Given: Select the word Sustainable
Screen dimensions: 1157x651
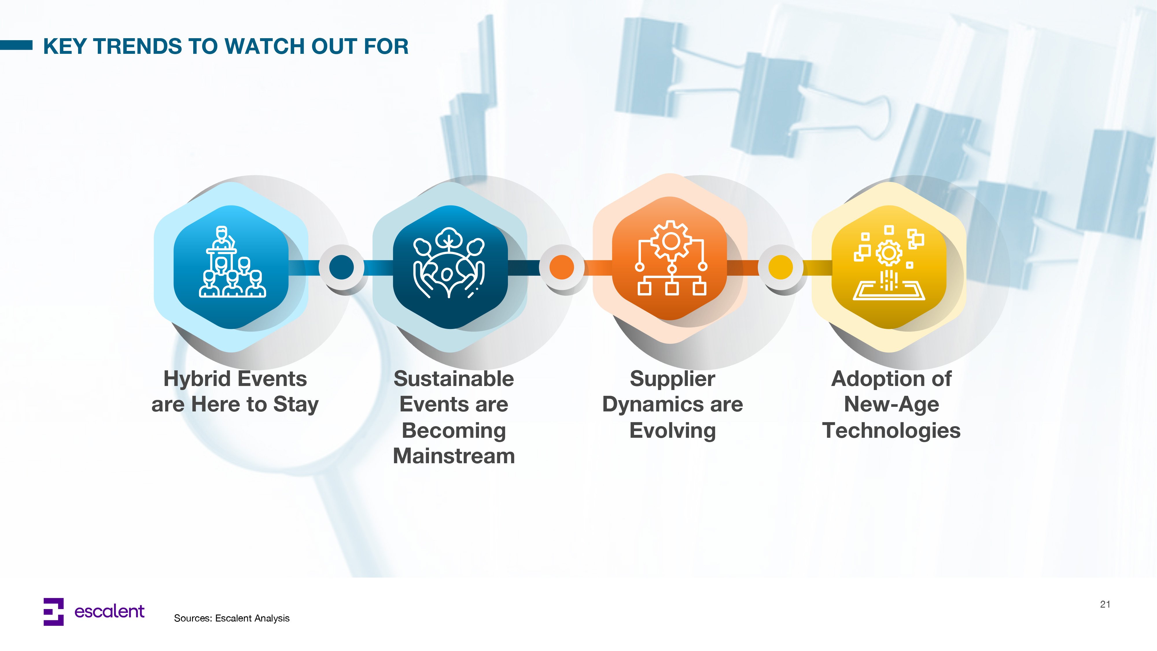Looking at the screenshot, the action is point(454,379).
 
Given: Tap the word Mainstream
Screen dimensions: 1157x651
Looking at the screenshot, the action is point(454,456).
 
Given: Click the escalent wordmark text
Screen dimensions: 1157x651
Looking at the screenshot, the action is point(109,611).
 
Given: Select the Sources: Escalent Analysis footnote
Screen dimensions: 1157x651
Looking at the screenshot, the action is point(232,618).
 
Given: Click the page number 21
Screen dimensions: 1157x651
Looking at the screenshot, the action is point(1105,604).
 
